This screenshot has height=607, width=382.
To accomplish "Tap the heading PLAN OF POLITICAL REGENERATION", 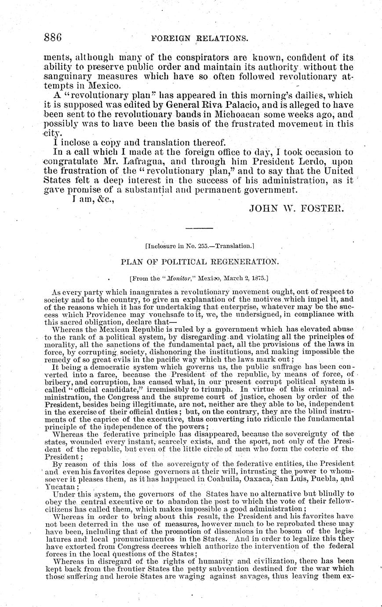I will point(200,261).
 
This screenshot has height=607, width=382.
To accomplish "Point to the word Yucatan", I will point(61,487).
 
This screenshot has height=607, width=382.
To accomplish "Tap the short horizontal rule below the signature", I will point(199,228).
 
